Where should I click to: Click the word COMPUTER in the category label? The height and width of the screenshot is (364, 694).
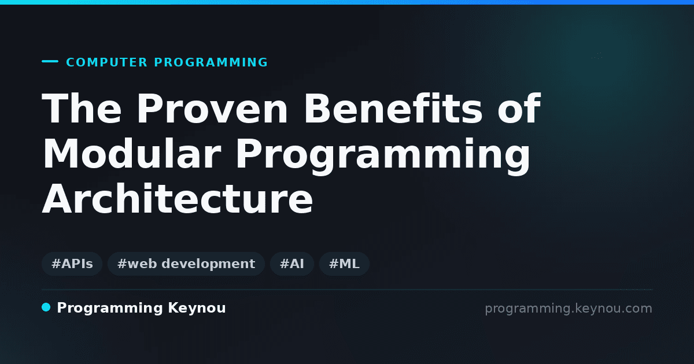(106, 62)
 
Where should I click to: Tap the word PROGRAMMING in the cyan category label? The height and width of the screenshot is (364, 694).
(211, 62)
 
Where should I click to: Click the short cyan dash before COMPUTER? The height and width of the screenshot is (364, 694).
(50, 61)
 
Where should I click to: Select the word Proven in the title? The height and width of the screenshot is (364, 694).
(212, 109)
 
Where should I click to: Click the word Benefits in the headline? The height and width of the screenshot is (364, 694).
(393, 109)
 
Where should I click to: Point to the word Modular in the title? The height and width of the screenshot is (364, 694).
(132, 154)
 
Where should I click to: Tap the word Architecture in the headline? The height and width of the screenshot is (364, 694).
(178, 199)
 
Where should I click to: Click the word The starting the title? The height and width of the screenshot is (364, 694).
(82, 109)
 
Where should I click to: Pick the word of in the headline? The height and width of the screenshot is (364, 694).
(519, 109)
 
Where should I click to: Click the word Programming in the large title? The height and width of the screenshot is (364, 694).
(383, 156)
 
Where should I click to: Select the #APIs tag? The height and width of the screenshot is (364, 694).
(72, 263)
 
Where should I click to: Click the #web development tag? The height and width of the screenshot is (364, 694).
(186, 263)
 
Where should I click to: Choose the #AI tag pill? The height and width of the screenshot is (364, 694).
(292, 263)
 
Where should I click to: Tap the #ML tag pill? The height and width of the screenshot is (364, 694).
(344, 263)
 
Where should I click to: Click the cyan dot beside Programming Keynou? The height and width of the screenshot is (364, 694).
(46, 307)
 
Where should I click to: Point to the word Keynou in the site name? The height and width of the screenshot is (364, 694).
(197, 308)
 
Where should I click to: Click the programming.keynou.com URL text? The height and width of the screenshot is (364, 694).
(569, 309)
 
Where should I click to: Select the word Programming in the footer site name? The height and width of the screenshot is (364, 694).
(110, 309)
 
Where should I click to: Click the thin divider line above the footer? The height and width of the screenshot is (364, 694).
(347, 289)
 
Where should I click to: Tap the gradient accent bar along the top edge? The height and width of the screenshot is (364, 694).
(347, 2)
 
